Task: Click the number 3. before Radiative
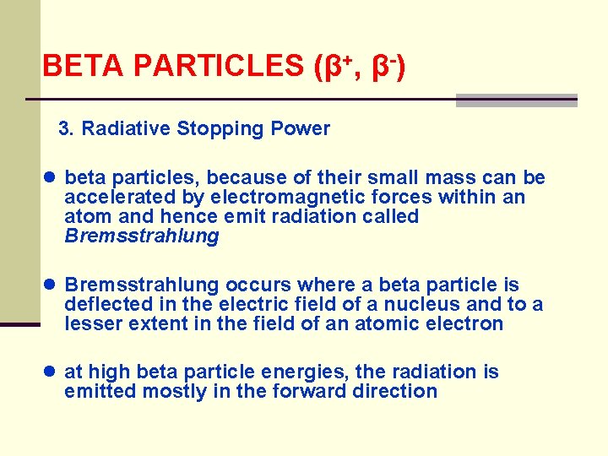click(x=67, y=129)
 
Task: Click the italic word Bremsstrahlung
click(x=141, y=236)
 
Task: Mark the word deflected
click(x=107, y=305)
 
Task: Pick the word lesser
click(x=90, y=324)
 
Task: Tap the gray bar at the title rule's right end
click(x=517, y=100)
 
